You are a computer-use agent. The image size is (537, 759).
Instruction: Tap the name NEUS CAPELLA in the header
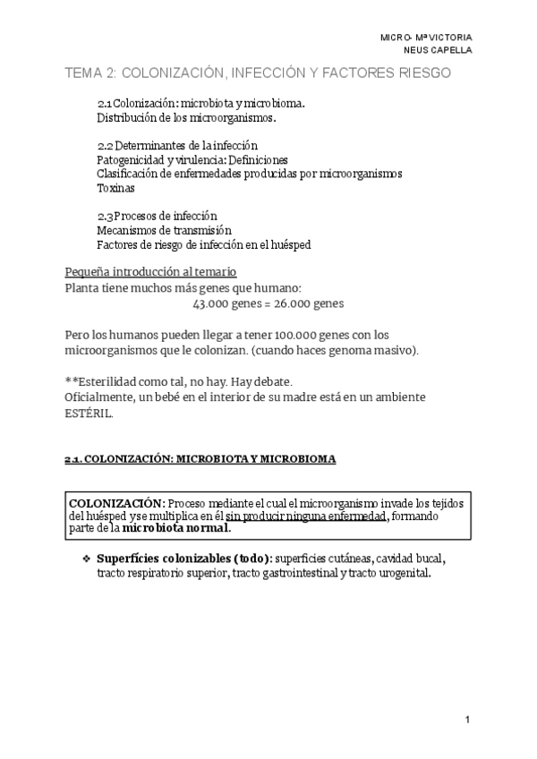pyautogui.click(x=439, y=50)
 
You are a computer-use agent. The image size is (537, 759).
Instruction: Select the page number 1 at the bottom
pyautogui.click(x=467, y=719)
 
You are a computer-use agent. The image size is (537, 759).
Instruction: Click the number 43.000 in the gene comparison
pyautogui.click(x=210, y=303)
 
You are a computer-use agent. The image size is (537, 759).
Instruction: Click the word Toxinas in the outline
pyautogui.click(x=115, y=188)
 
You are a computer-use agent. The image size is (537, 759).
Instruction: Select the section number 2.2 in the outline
pyautogui.click(x=105, y=145)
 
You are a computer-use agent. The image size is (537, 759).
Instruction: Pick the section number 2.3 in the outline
pyautogui.click(x=105, y=216)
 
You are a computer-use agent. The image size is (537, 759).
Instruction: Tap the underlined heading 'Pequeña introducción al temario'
pyautogui.click(x=151, y=272)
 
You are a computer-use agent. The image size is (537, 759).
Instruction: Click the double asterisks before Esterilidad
pyautogui.click(x=72, y=381)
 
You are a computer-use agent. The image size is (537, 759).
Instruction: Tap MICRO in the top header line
pyautogui.click(x=395, y=38)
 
